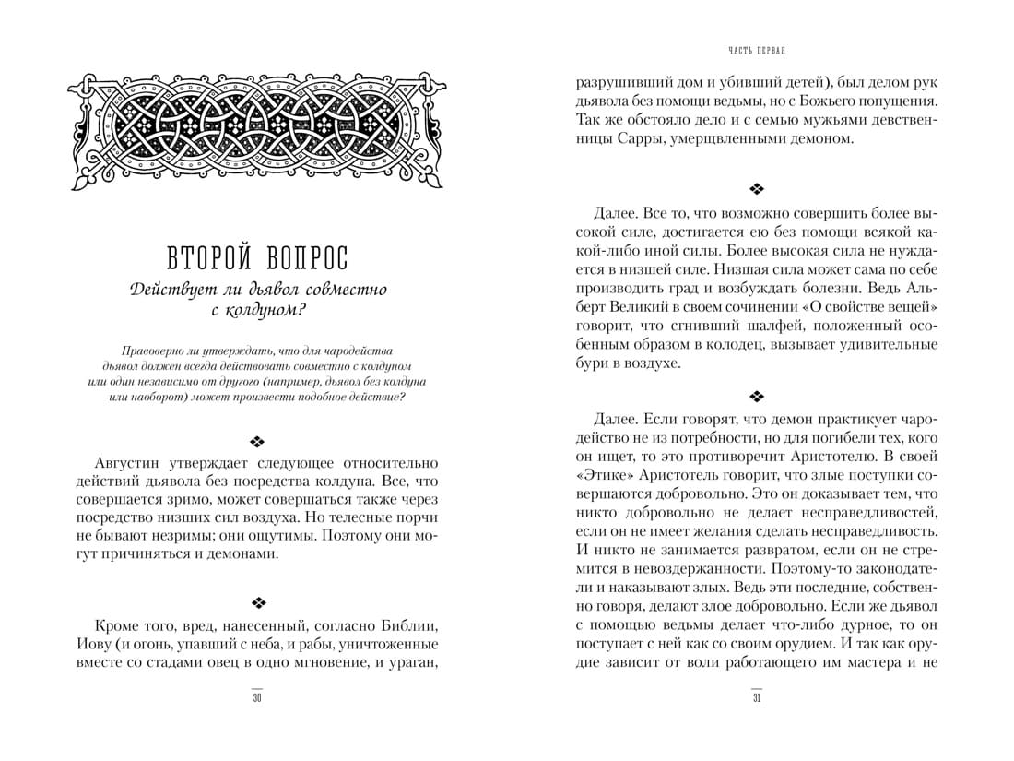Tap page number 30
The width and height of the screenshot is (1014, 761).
[x=257, y=697]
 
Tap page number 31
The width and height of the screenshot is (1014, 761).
[x=756, y=697]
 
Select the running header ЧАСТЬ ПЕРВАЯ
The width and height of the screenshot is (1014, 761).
[x=756, y=49]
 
